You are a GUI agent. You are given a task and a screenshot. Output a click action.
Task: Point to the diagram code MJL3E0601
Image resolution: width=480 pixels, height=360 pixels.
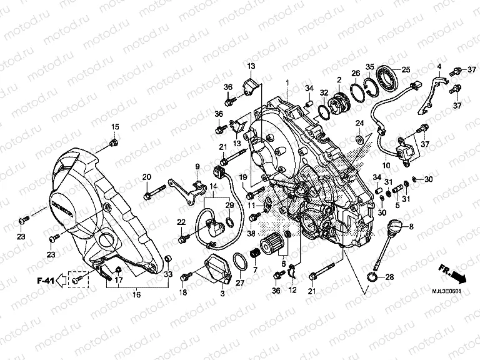pos(447,291)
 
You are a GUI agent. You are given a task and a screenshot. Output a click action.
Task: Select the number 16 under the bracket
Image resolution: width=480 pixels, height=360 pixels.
pos(136,294)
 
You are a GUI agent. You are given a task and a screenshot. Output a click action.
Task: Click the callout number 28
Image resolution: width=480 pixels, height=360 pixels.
pos(389,277)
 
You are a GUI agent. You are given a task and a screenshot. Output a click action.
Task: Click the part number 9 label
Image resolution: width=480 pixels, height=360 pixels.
pos(196,166)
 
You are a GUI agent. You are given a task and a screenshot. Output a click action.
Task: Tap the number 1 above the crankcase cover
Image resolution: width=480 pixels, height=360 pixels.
pos(287,82)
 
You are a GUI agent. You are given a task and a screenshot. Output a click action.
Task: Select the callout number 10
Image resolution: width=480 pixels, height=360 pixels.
pos(386,166)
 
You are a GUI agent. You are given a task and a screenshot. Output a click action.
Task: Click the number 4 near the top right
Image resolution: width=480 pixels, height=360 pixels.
pos(439,66)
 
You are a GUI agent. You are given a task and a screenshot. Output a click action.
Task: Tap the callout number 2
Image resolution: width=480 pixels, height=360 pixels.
pos(339,79)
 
